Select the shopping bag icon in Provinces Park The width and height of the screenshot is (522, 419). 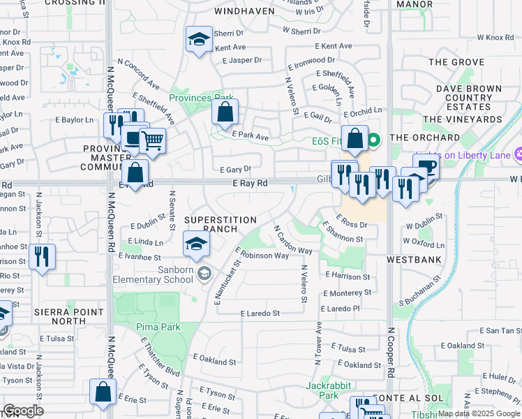[225, 111]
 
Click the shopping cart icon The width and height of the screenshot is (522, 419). [151, 140]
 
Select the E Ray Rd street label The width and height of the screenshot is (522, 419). [251, 183]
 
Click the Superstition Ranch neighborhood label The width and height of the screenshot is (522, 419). [221, 224]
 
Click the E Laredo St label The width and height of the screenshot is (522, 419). [260, 314]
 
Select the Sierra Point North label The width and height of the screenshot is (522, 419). [50, 316]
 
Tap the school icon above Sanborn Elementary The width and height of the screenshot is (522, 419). [196, 244]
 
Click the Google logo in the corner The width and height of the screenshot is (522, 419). [23, 411]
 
